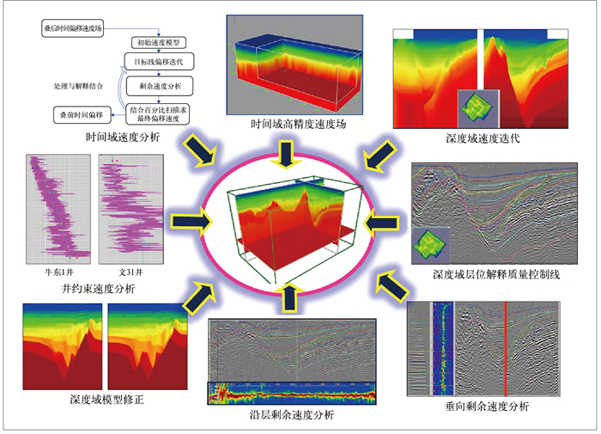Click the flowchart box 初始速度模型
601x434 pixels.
click(x=162, y=41)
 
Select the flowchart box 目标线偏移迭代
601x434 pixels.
click(x=161, y=64)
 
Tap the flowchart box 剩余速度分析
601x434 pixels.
click(x=161, y=87)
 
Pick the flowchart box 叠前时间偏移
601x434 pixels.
click(x=78, y=113)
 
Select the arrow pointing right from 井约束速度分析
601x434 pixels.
click(x=191, y=221)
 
